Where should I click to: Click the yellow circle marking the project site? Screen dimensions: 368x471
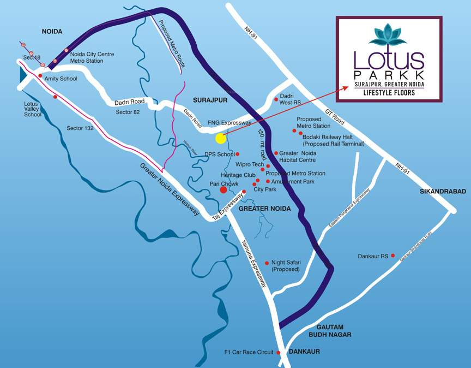pos(220,138)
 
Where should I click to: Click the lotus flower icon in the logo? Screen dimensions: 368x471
pos(388,36)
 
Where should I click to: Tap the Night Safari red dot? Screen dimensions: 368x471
pos(266,263)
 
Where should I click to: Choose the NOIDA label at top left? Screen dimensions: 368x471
pos(53,32)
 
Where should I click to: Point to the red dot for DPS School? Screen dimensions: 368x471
pos(238,154)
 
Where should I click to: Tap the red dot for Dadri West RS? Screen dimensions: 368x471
pos(276,99)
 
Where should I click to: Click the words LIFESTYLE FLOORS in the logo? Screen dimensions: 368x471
pos(389,93)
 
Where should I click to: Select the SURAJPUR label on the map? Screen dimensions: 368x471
pos(209,100)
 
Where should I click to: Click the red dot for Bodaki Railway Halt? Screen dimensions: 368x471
pos(300,133)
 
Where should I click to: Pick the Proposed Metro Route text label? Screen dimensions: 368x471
pos(172,44)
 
